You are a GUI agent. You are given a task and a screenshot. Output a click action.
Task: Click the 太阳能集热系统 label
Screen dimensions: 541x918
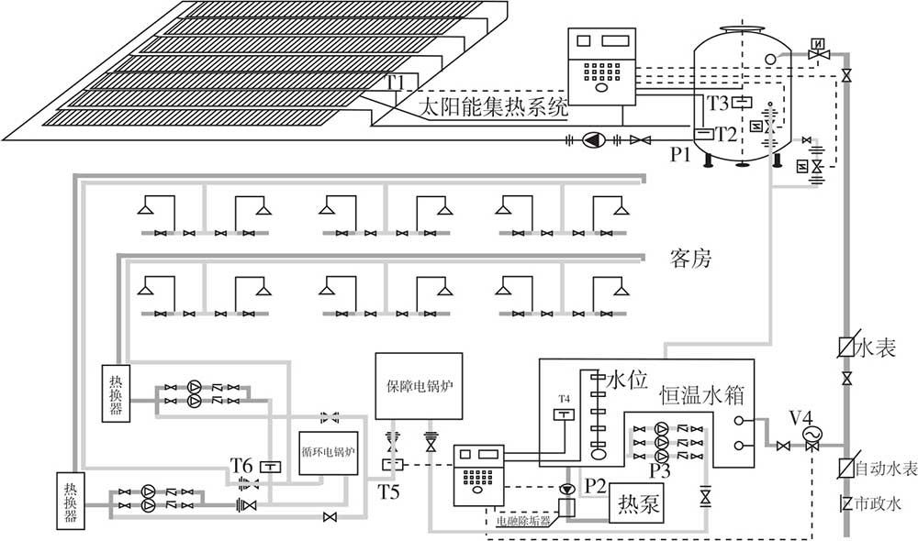(492, 107)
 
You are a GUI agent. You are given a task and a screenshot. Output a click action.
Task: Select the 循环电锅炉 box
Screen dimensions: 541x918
(328, 452)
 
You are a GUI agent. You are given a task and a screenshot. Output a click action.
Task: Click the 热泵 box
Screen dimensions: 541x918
(638, 503)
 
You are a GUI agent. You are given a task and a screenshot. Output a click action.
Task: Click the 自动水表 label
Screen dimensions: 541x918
(885, 469)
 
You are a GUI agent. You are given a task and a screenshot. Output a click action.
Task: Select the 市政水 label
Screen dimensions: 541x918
(879, 502)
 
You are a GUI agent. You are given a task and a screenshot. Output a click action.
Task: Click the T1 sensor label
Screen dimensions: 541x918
(395, 83)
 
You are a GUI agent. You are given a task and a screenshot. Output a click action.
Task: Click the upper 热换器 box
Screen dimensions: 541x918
(117, 393)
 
